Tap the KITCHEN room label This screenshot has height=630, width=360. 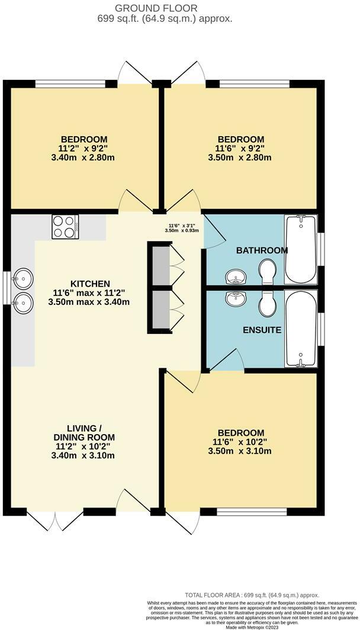point(90,284)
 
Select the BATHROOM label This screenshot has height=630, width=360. point(262,250)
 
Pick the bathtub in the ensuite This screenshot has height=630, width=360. point(300,329)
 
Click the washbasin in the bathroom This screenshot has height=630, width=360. point(237,277)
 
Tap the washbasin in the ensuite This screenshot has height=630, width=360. point(237,299)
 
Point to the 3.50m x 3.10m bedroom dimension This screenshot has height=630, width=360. point(242,451)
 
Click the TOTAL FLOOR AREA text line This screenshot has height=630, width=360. point(251,595)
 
